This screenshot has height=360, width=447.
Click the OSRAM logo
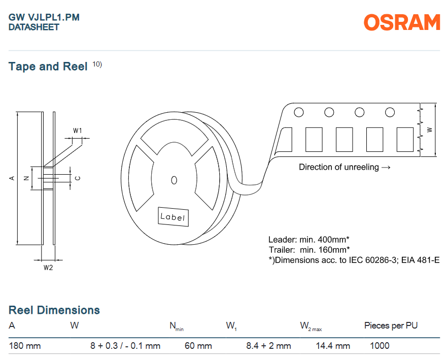coord(402,22)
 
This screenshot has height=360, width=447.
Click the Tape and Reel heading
coord(48,67)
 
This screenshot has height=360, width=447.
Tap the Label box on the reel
coord(174,217)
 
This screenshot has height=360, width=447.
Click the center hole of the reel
coord(174,180)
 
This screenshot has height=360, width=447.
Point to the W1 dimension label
coord(77,130)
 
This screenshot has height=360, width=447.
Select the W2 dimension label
coord(48,268)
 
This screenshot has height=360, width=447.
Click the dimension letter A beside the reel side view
coord(12,178)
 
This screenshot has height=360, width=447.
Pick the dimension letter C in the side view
coord(78,178)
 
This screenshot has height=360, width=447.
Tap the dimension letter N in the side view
coord(26,178)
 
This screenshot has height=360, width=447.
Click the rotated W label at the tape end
coord(430,129)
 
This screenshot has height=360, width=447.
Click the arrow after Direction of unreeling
coord(386,168)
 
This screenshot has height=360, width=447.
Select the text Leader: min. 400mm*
coord(308,239)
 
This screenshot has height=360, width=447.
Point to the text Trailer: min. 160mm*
coord(309,250)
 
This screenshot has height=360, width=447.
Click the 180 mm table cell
coord(25,346)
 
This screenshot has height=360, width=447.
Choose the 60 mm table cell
coord(198,346)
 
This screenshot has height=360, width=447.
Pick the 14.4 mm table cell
coord(333,346)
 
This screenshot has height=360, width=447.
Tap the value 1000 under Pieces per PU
coord(380,346)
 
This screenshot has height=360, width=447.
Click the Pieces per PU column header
coord(391,325)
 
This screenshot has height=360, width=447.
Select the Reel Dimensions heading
coord(54,310)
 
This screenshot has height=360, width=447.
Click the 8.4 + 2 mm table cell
coord(268,346)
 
